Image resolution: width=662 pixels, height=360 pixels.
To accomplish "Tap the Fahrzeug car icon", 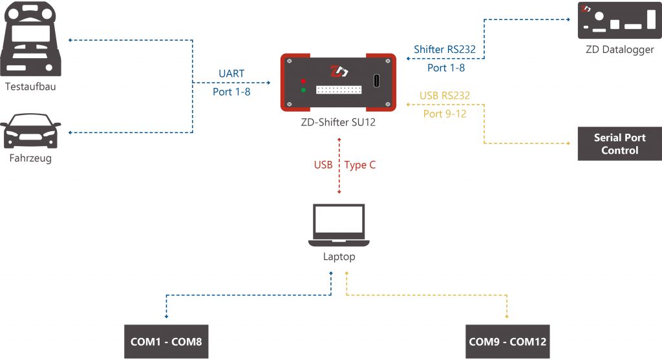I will pos(32,132).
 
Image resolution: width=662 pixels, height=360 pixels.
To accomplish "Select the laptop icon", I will pos(339,226).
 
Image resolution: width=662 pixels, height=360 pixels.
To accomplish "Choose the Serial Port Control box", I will pos(619,144).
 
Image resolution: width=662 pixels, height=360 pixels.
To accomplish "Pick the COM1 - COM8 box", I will pos(167,341).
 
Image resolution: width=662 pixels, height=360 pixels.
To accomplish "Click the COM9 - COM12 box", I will pos(507,341).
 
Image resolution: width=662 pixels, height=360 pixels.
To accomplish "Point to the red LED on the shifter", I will pos(303,81).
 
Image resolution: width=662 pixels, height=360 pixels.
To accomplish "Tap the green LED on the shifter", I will pos(303,90).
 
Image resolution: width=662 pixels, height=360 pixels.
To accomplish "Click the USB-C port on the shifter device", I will pos(377,81).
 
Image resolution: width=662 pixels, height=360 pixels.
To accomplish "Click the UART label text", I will pos(231,74).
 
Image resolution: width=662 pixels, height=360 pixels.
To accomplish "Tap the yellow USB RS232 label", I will pos(445,96).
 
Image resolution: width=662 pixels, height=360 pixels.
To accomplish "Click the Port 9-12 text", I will pos(445,114).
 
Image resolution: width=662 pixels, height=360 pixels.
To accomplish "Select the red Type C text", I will pos(360,165).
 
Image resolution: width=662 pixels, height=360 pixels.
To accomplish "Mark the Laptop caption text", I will pos(339,257).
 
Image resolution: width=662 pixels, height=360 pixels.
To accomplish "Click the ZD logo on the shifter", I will pos(339,70).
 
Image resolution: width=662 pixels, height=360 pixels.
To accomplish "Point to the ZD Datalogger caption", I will pos(619,50).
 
